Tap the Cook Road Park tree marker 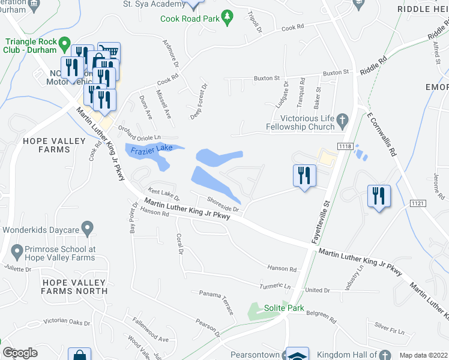[x=227, y=18]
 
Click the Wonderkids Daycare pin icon [x=88, y=229]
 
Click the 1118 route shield [x=345, y=146]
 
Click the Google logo [x=20, y=353]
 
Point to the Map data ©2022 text [x=423, y=355]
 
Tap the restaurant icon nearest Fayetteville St [x=304, y=175]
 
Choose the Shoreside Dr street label [x=223, y=205]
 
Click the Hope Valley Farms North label [x=74, y=286]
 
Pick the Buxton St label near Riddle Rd [x=336, y=72]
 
